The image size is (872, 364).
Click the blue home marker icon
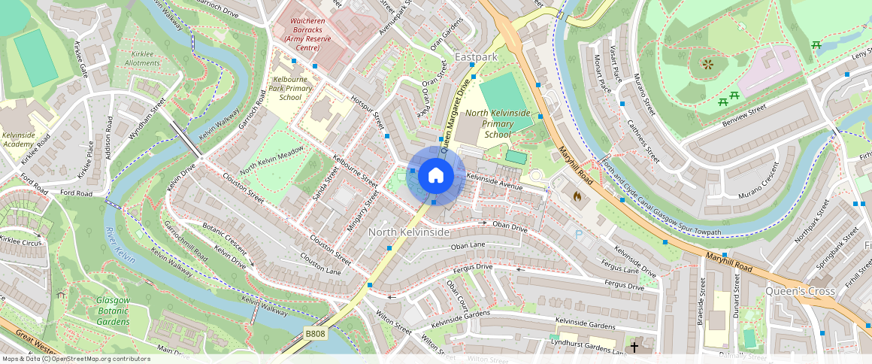[435, 175]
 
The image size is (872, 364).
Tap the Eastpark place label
[476, 57]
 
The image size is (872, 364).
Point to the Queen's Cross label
[800, 290]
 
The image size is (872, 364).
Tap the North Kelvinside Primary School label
[497, 123]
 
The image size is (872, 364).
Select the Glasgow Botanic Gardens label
[113, 311]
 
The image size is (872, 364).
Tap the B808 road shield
[316, 332]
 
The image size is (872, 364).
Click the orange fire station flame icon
[577, 197]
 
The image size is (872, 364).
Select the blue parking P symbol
[579, 235]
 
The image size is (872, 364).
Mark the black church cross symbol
[634, 347]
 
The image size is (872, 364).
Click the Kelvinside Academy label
[18, 139]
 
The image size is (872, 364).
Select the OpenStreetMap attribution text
[76, 359]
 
